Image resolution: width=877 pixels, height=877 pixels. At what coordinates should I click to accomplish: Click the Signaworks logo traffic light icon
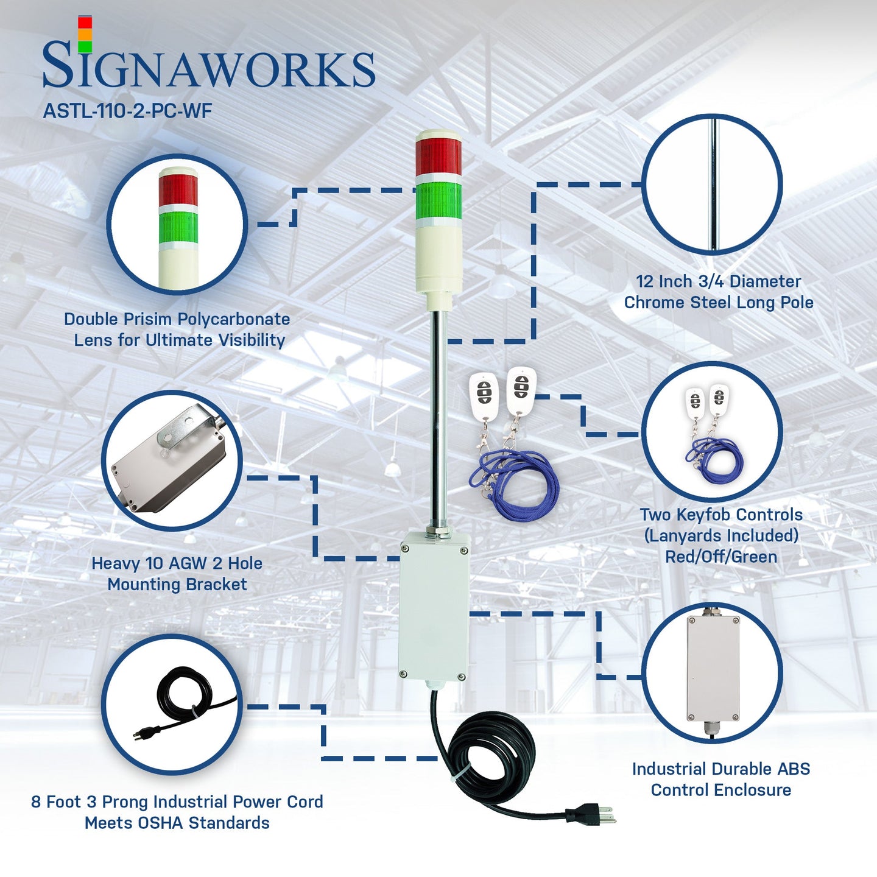(85, 35)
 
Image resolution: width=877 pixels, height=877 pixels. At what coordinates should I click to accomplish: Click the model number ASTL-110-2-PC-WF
(127, 111)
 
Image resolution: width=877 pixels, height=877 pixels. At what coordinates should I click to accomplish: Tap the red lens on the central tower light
(438, 157)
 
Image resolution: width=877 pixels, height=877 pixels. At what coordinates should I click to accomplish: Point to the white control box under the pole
(434, 606)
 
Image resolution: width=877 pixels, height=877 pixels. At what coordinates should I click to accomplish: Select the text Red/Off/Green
(721, 557)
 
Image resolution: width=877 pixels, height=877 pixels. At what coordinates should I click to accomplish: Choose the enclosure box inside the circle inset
(712, 667)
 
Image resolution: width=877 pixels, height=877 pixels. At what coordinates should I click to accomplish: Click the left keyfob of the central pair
(484, 396)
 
